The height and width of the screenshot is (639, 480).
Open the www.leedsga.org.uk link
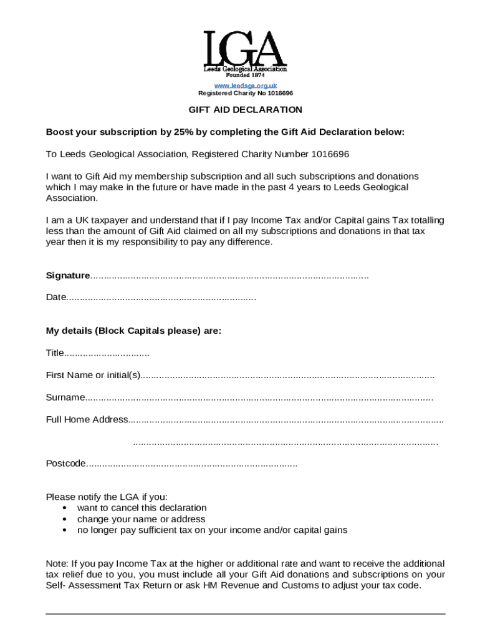[245, 85]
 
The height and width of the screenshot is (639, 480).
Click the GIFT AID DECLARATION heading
[246, 110]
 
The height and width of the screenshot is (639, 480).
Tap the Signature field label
[68, 276]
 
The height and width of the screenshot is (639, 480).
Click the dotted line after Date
[161, 298]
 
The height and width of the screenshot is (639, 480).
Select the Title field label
[55, 353]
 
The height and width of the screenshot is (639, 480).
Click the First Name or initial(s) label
[94, 375]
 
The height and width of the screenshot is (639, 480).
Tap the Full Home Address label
[87, 419]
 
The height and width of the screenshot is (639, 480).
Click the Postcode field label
[65, 463]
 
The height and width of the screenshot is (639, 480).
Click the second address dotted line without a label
[286, 442]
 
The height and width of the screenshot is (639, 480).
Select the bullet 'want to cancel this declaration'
[142, 508]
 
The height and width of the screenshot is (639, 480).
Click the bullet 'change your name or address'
[141, 519]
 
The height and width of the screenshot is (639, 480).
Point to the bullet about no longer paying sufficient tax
[212, 530]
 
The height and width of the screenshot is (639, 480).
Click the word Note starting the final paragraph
[57, 563]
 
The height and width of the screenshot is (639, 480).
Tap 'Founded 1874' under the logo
[245, 75]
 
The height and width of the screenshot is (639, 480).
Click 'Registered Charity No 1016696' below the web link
[245, 93]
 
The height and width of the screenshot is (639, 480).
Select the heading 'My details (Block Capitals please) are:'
[133, 331]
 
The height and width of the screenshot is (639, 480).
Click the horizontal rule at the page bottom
[246, 614]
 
